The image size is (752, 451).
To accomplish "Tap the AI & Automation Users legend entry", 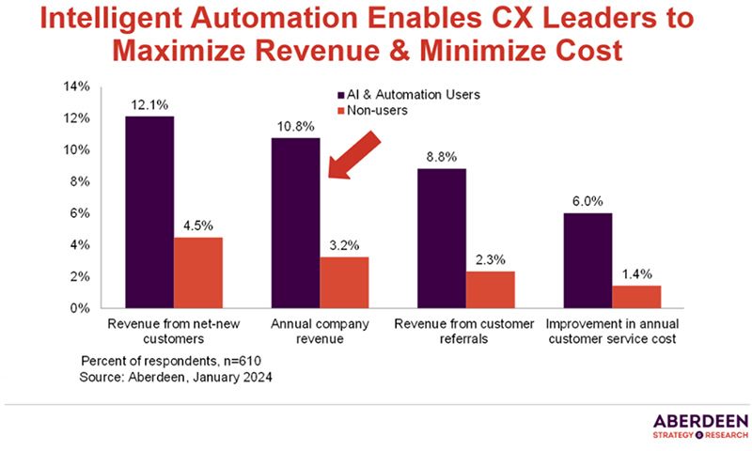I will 404,94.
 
